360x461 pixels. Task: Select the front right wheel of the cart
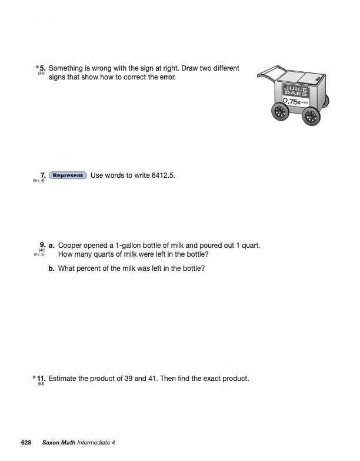tap(311, 115)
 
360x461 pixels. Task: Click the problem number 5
tap(42, 69)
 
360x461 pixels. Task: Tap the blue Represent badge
tap(68, 175)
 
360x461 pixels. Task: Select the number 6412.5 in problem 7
tap(163, 175)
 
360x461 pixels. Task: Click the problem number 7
tap(42, 175)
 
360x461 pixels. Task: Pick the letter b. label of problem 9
tap(52, 268)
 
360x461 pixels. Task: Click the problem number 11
tap(41, 379)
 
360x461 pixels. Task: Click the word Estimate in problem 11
tap(64, 379)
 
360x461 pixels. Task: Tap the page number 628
tap(26, 443)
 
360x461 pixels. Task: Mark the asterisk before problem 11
tap(34, 377)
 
